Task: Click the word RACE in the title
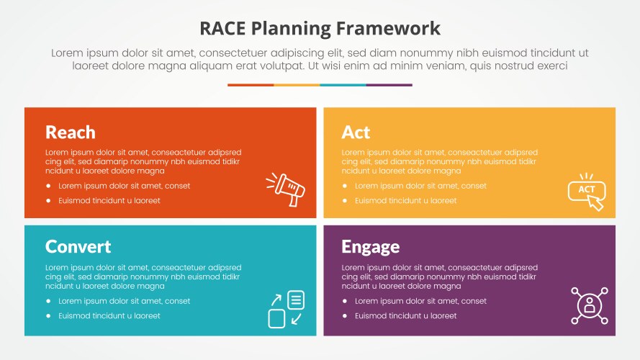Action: point(222,29)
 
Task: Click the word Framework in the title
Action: point(388,29)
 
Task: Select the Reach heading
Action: point(71,132)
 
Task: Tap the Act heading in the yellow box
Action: point(356,132)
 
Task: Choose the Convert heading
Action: point(78,246)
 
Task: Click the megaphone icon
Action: point(285,189)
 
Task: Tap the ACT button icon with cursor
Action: point(587,191)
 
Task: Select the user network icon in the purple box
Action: point(590,306)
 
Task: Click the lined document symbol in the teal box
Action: point(296,300)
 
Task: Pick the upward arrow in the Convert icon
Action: point(276,300)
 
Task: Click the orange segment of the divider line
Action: point(251,85)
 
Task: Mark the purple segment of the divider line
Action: point(389,85)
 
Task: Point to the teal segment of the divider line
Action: point(343,85)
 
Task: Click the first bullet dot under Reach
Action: point(48,186)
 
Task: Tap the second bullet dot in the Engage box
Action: point(345,315)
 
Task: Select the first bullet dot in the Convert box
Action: point(48,301)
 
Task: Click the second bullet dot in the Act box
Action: point(345,200)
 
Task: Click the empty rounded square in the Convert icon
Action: point(276,319)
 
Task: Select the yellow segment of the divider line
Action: point(297,85)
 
